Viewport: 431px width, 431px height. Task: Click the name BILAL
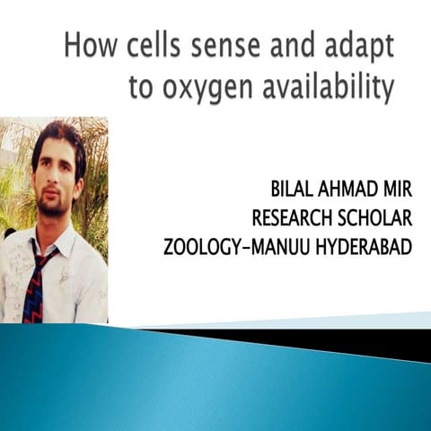coord(295,190)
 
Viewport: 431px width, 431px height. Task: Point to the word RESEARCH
coord(295,218)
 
